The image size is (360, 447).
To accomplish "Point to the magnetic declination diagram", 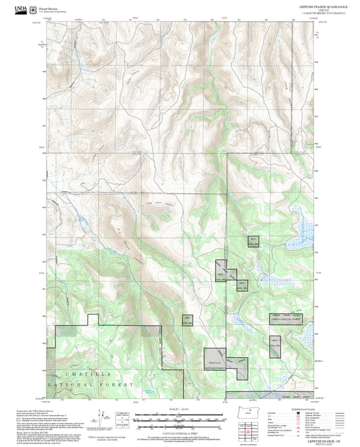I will (x=102, y=419).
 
